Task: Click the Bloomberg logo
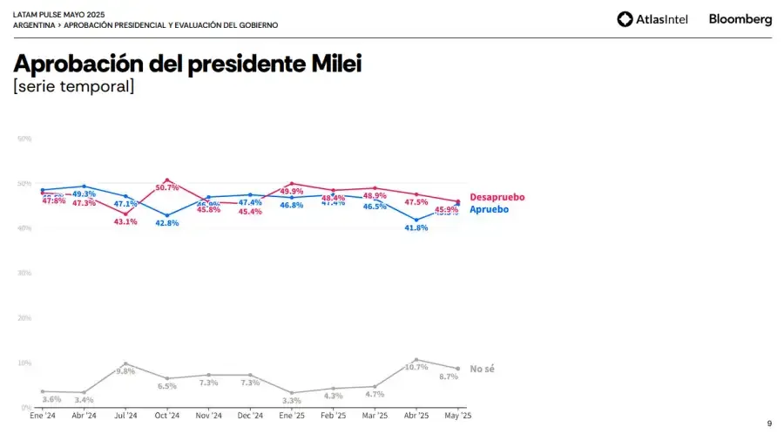740,19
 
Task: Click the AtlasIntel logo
652,19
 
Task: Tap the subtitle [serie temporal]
73,86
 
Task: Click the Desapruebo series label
497,198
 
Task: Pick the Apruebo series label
489,209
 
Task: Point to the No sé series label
482,369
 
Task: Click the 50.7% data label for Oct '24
167,187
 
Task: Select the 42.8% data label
166,223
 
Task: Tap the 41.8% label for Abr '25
416,227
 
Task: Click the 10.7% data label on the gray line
416,367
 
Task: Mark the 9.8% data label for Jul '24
125,371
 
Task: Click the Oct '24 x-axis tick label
166,416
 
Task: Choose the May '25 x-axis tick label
457,416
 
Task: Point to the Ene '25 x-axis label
291,416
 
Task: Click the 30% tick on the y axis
25,273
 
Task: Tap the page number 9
769,424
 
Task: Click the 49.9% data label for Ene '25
292,191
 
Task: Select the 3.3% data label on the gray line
292,401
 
